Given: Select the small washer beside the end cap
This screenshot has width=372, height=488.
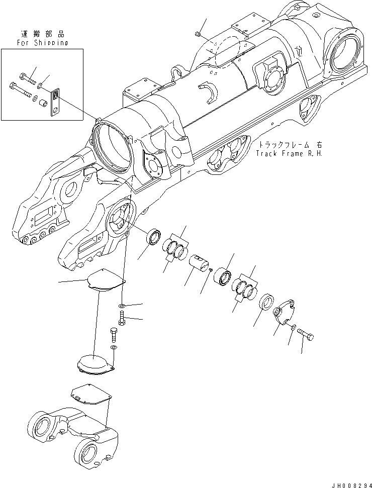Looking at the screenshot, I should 293,328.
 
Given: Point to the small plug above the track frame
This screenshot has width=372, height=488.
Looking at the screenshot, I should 197,34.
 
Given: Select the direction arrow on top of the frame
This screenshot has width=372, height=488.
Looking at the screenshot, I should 299,50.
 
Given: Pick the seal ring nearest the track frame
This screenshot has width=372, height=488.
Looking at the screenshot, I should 153,236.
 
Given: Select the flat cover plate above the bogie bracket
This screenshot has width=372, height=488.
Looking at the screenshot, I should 90,394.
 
